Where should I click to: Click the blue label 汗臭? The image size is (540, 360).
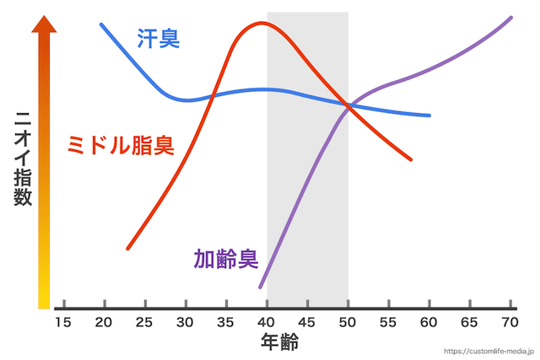(158, 38)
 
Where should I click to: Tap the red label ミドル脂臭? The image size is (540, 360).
(120, 145)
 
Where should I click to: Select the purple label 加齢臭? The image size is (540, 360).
(225, 258)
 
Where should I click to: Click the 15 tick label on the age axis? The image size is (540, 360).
(63, 322)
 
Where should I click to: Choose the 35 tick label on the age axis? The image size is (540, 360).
(226, 322)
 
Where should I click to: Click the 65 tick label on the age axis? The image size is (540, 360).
(470, 322)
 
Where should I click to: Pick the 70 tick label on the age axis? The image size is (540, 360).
(510, 322)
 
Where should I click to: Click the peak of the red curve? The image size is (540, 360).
(262, 23)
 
